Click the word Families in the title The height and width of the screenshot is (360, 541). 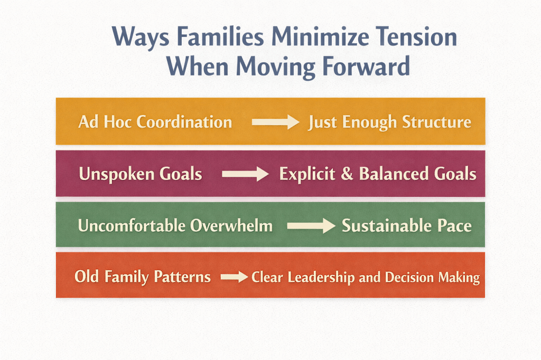pos(220,36)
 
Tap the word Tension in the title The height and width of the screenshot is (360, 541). pos(416,36)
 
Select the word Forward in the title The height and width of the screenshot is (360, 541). pos(366,66)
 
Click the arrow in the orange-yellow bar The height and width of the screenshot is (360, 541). pos(275,122)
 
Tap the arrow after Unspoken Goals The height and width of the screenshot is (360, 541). pos(245,174)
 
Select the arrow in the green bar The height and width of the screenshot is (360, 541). pos(311,226)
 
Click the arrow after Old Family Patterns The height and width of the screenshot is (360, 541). pos(234,277)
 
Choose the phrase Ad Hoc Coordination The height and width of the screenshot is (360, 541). pos(155,122)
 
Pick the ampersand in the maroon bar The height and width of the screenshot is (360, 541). pos(347,174)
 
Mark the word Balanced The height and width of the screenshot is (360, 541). pos(394,174)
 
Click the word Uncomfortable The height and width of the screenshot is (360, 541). pos(132,226)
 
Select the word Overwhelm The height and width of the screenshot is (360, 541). pos(231,226)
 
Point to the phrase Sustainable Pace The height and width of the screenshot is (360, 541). pos(406,226)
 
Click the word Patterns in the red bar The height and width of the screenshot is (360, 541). pos(182,277)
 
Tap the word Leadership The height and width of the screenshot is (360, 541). pos(321,278)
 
